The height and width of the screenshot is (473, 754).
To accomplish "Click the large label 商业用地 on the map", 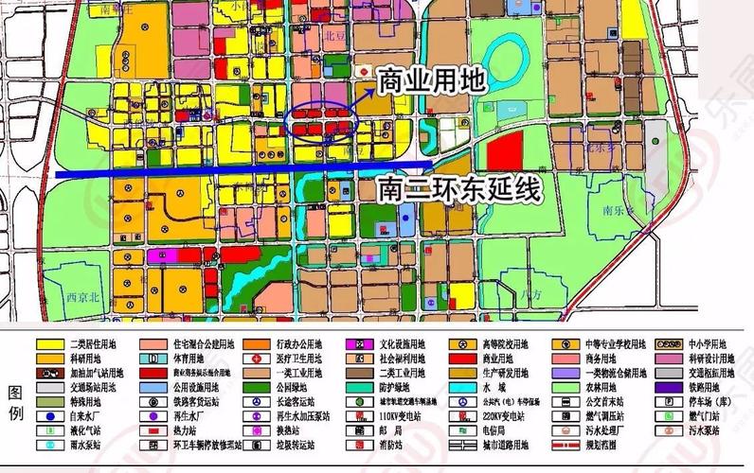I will pyautogui.click(x=431, y=80).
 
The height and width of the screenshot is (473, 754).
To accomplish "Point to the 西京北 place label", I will pyautogui.click(x=83, y=296).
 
